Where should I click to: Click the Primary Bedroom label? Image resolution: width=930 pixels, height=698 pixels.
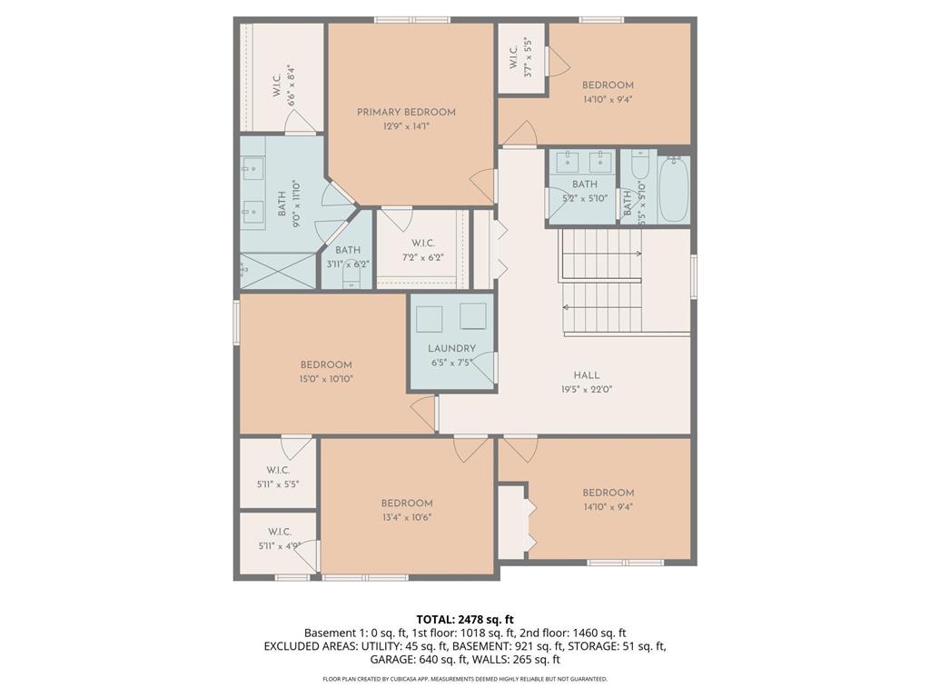(x=406, y=113)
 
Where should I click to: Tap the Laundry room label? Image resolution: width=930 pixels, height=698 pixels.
(x=451, y=349)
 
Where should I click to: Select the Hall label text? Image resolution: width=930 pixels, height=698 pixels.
(x=586, y=375)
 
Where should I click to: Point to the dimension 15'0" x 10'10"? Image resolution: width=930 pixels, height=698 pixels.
(x=326, y=379)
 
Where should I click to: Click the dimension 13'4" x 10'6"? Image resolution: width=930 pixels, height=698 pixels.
(x=406, y=517)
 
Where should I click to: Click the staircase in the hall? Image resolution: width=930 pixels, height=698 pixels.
(x=601, y=283)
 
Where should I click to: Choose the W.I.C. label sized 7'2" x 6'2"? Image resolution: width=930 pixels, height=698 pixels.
(x=422, y=244)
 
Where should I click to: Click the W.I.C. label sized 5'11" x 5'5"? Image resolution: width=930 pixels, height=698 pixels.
(x=278, y=470)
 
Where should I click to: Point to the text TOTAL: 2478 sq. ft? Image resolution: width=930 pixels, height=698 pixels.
(x=465, y=620)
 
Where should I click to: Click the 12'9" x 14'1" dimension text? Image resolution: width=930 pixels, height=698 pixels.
(x=406, y=126)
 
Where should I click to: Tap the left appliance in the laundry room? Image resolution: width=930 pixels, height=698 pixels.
(x=429, y=318)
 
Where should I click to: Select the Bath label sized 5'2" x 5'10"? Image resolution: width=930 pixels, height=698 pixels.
(x=585, y=184)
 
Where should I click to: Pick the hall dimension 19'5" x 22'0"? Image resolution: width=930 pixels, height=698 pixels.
(x=586, y=389)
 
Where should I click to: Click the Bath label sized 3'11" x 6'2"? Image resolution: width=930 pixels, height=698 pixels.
(x=347, y=251)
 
